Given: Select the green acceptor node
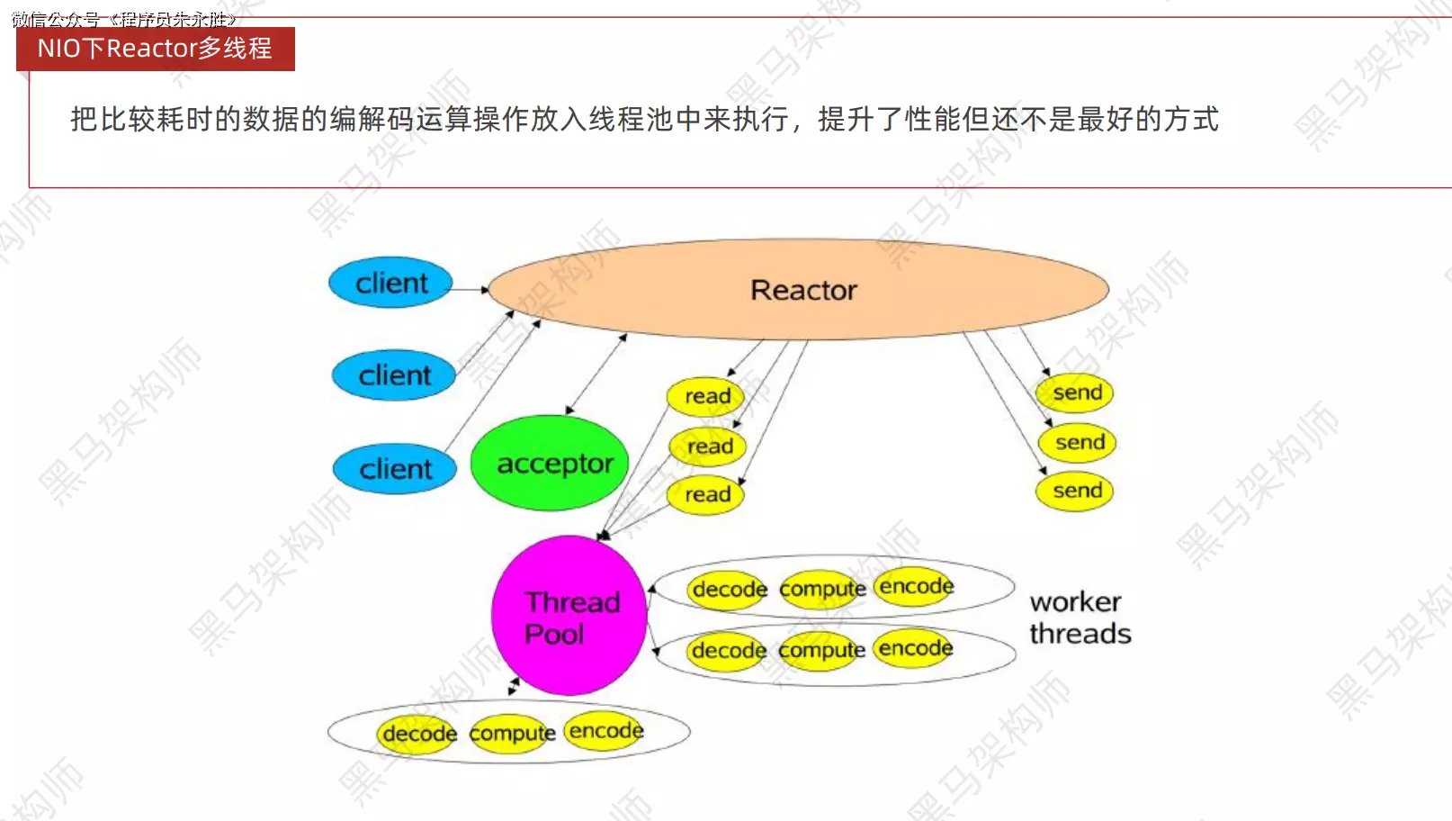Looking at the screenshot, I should [550, 463].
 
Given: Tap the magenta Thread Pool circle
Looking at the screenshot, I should [569, 616].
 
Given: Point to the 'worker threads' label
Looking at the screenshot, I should [1080, 618].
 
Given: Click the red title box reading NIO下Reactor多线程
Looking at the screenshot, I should [155, 49].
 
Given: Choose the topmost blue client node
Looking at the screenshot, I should [391, 283].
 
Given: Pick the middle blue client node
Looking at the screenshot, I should [394, 374].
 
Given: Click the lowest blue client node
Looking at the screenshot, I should [395, 469].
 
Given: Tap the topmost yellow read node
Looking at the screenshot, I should [706, 396].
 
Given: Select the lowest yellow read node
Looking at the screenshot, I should [706, 494].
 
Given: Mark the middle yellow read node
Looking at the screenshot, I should [709, 447].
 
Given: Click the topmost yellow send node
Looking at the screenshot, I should [1076, 392].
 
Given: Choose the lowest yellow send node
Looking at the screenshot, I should [1076, 491].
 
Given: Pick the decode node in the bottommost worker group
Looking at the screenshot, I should [418, 734].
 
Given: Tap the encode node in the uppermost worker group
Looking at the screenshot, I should [916, 586].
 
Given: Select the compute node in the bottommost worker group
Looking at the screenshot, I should [512, 734].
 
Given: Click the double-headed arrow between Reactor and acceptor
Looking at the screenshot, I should [596, 374].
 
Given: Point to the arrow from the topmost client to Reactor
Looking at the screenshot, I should [469, 290].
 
